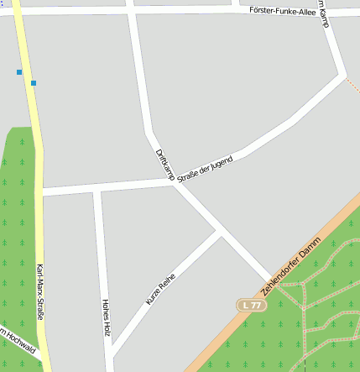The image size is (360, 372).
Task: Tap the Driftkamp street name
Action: (164, 163)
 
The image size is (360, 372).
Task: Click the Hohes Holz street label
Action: (106, 317)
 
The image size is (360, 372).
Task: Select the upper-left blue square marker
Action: (19, 72)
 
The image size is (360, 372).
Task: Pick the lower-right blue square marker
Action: (34, 82)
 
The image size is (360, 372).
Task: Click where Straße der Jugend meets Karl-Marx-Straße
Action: (40, 193)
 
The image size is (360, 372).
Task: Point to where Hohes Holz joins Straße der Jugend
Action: (98, 189)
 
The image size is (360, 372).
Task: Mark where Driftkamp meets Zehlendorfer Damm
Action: (269, 280)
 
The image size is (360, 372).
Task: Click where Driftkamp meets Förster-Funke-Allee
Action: (132, 11)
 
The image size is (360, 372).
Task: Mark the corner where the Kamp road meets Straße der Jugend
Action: (342, 76)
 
